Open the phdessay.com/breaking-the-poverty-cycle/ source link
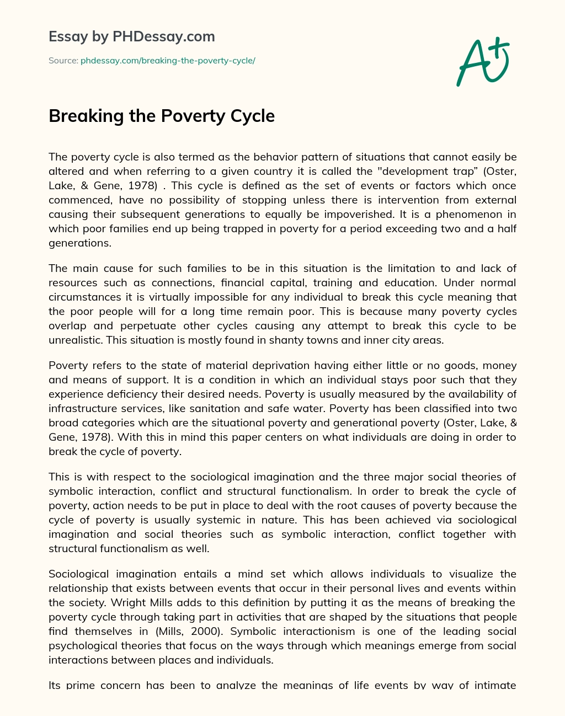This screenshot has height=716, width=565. pyautogui.click(x=168, y=61)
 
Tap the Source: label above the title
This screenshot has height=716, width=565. pyautogui.click(x=63, y=61)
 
